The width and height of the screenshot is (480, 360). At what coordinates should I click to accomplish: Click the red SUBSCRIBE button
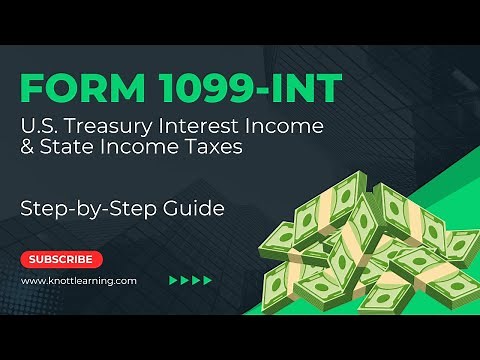click(62, 259)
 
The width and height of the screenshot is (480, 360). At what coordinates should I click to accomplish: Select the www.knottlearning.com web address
click(79, 281)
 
